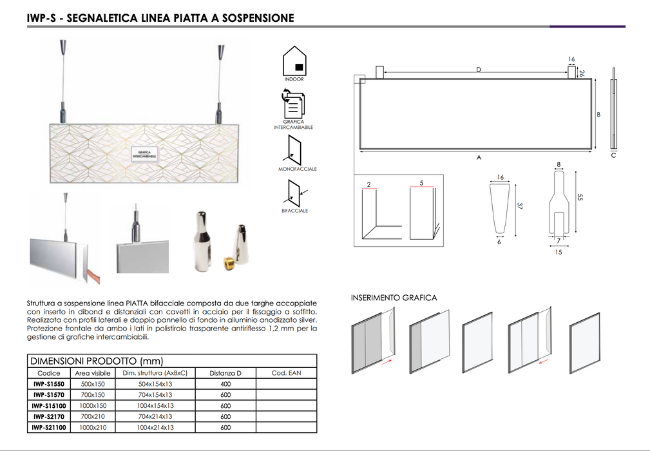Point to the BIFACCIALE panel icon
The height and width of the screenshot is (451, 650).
(296, 193)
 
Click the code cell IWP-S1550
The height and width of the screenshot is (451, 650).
(49, 384)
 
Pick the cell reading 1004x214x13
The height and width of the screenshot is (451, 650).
(155, 427)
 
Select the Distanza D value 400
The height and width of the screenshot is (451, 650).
(225, 384)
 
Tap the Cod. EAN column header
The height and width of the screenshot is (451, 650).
(286, 373)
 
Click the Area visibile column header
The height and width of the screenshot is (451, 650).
(93, 373)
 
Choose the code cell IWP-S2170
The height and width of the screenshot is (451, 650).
(49, 417)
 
